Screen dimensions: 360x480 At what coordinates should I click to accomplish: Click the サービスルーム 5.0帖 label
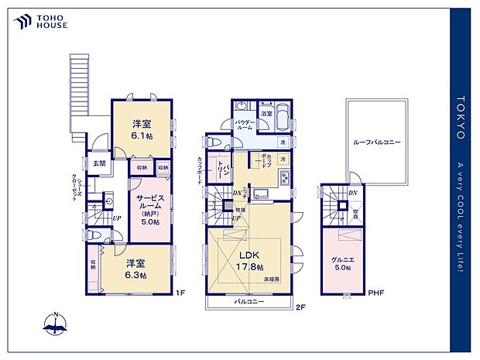coord(149,209)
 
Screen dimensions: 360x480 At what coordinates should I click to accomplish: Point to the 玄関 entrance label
coord(100,164)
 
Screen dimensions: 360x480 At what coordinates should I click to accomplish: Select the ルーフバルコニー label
coord(376,143)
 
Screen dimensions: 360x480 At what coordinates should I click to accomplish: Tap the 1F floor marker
coord(179,293)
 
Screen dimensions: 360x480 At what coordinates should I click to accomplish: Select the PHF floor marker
coord(375,293)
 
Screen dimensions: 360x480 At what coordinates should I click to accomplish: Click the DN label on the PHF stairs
coord(352,193)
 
